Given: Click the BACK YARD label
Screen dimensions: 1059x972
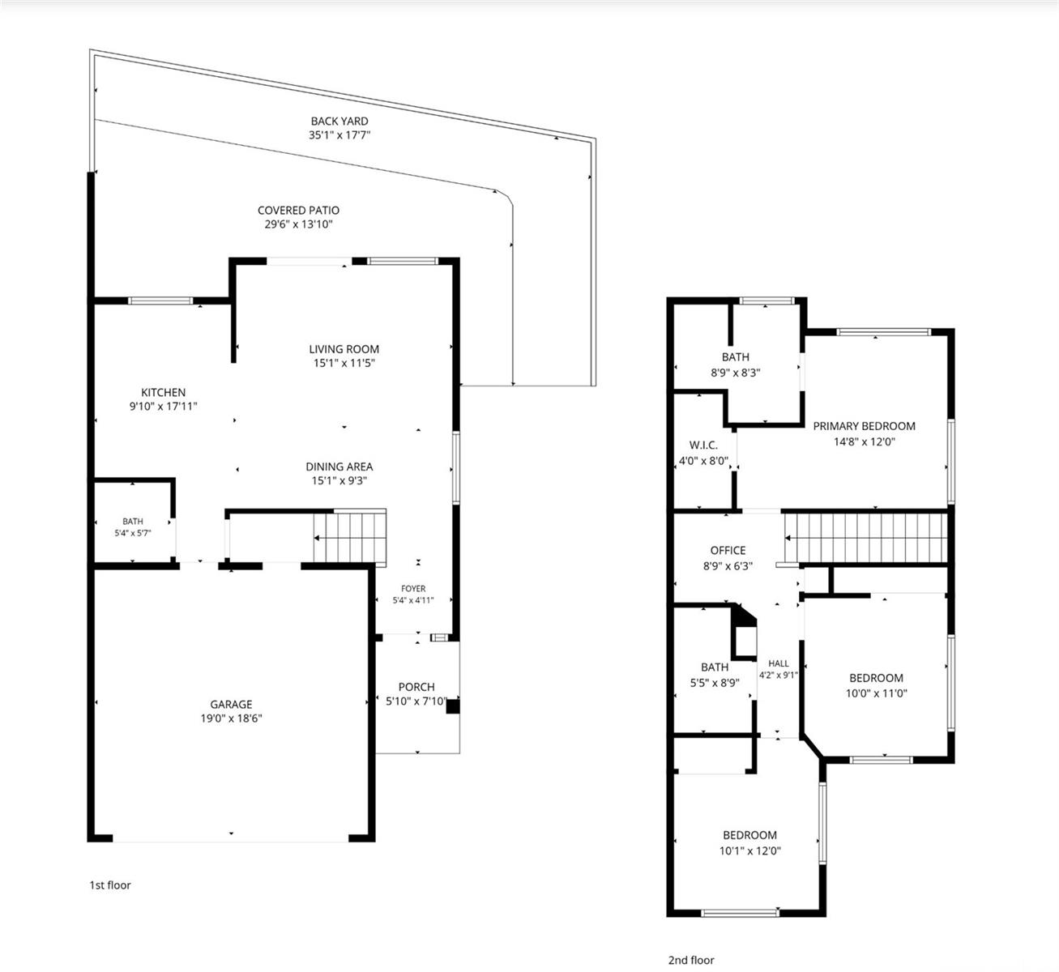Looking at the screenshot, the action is point(339,122).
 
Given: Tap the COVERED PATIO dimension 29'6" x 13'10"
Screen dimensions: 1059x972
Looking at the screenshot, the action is point(298,224).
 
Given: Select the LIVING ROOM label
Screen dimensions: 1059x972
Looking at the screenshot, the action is point(344,349).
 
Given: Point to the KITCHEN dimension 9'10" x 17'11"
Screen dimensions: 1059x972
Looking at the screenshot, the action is point(163,406).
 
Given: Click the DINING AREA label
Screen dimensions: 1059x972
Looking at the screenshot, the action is point(339,467).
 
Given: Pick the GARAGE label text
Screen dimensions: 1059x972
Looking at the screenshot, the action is point(231,705).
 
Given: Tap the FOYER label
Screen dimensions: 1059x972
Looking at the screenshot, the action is point(413,588).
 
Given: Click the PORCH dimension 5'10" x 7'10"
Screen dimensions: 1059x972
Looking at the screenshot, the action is point(416,701).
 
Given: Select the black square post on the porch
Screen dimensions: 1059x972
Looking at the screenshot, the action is point(452,706).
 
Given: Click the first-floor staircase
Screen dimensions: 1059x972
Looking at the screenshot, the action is point(349,538).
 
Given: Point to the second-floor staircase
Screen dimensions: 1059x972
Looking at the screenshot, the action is point(866,538).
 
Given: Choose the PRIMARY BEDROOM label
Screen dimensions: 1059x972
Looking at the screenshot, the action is point(864,426).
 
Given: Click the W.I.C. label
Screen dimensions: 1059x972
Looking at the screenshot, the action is point(703,445).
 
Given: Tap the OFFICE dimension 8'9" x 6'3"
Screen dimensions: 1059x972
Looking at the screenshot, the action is point(728,566).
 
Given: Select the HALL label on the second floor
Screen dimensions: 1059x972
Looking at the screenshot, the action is point(778,663).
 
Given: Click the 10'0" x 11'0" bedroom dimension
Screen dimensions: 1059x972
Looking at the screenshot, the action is point(877,693).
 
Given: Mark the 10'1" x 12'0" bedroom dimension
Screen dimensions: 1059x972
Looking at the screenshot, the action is point(749,850).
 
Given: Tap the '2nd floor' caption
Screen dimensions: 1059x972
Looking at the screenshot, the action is point(691,960).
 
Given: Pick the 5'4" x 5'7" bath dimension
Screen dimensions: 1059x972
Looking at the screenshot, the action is point(133,533).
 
